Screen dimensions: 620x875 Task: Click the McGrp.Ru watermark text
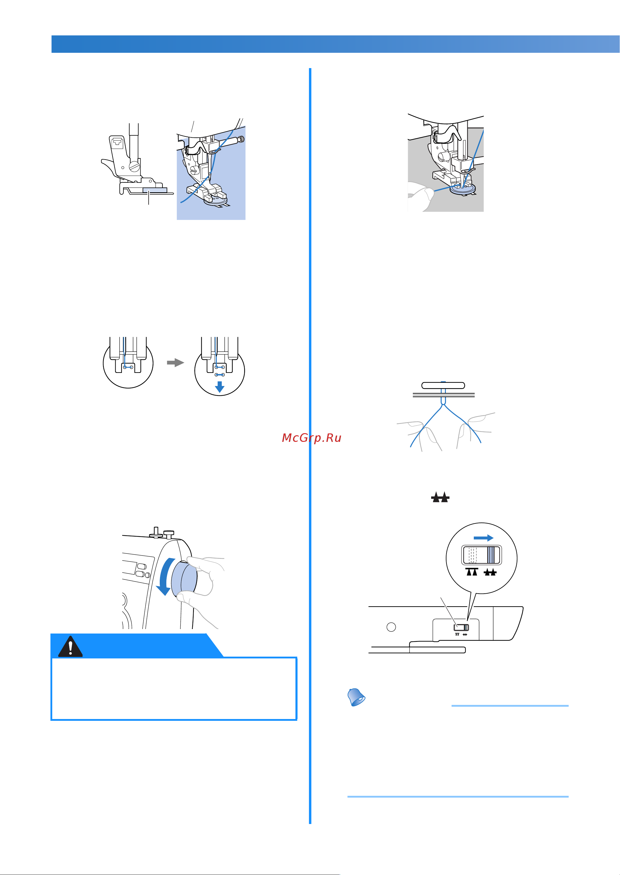(312, 438)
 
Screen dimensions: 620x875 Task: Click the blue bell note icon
(356, 697)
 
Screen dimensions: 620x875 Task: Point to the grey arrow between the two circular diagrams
(176, 362)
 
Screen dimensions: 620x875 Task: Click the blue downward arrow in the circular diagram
(219, 387)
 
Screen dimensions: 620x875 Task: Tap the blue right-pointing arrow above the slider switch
(483, 538)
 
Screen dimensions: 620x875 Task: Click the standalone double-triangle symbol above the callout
(440, 497)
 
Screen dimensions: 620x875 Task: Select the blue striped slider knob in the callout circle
(493, 555)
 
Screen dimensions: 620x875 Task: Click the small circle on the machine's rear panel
(391, 627)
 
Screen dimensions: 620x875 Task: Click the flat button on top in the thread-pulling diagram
(443, 385)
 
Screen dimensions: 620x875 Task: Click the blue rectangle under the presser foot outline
(155, 190)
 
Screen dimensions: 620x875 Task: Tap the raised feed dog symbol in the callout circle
(472, 571)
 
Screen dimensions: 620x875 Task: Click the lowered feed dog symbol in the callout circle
(490, 572)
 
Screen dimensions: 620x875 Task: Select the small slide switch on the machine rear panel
(461, 628)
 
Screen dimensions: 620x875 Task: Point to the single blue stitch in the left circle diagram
(128, 367)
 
